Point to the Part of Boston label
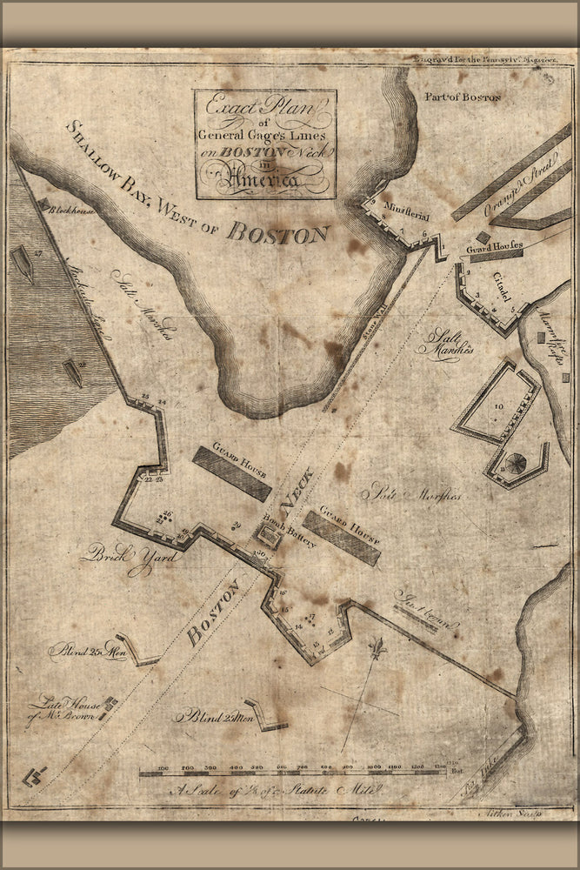pos(463,97)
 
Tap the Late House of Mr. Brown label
pos(65,709)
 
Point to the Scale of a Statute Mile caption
pos(296,791)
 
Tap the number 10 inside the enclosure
pos(498,405)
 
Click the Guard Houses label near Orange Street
pos(495,247)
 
